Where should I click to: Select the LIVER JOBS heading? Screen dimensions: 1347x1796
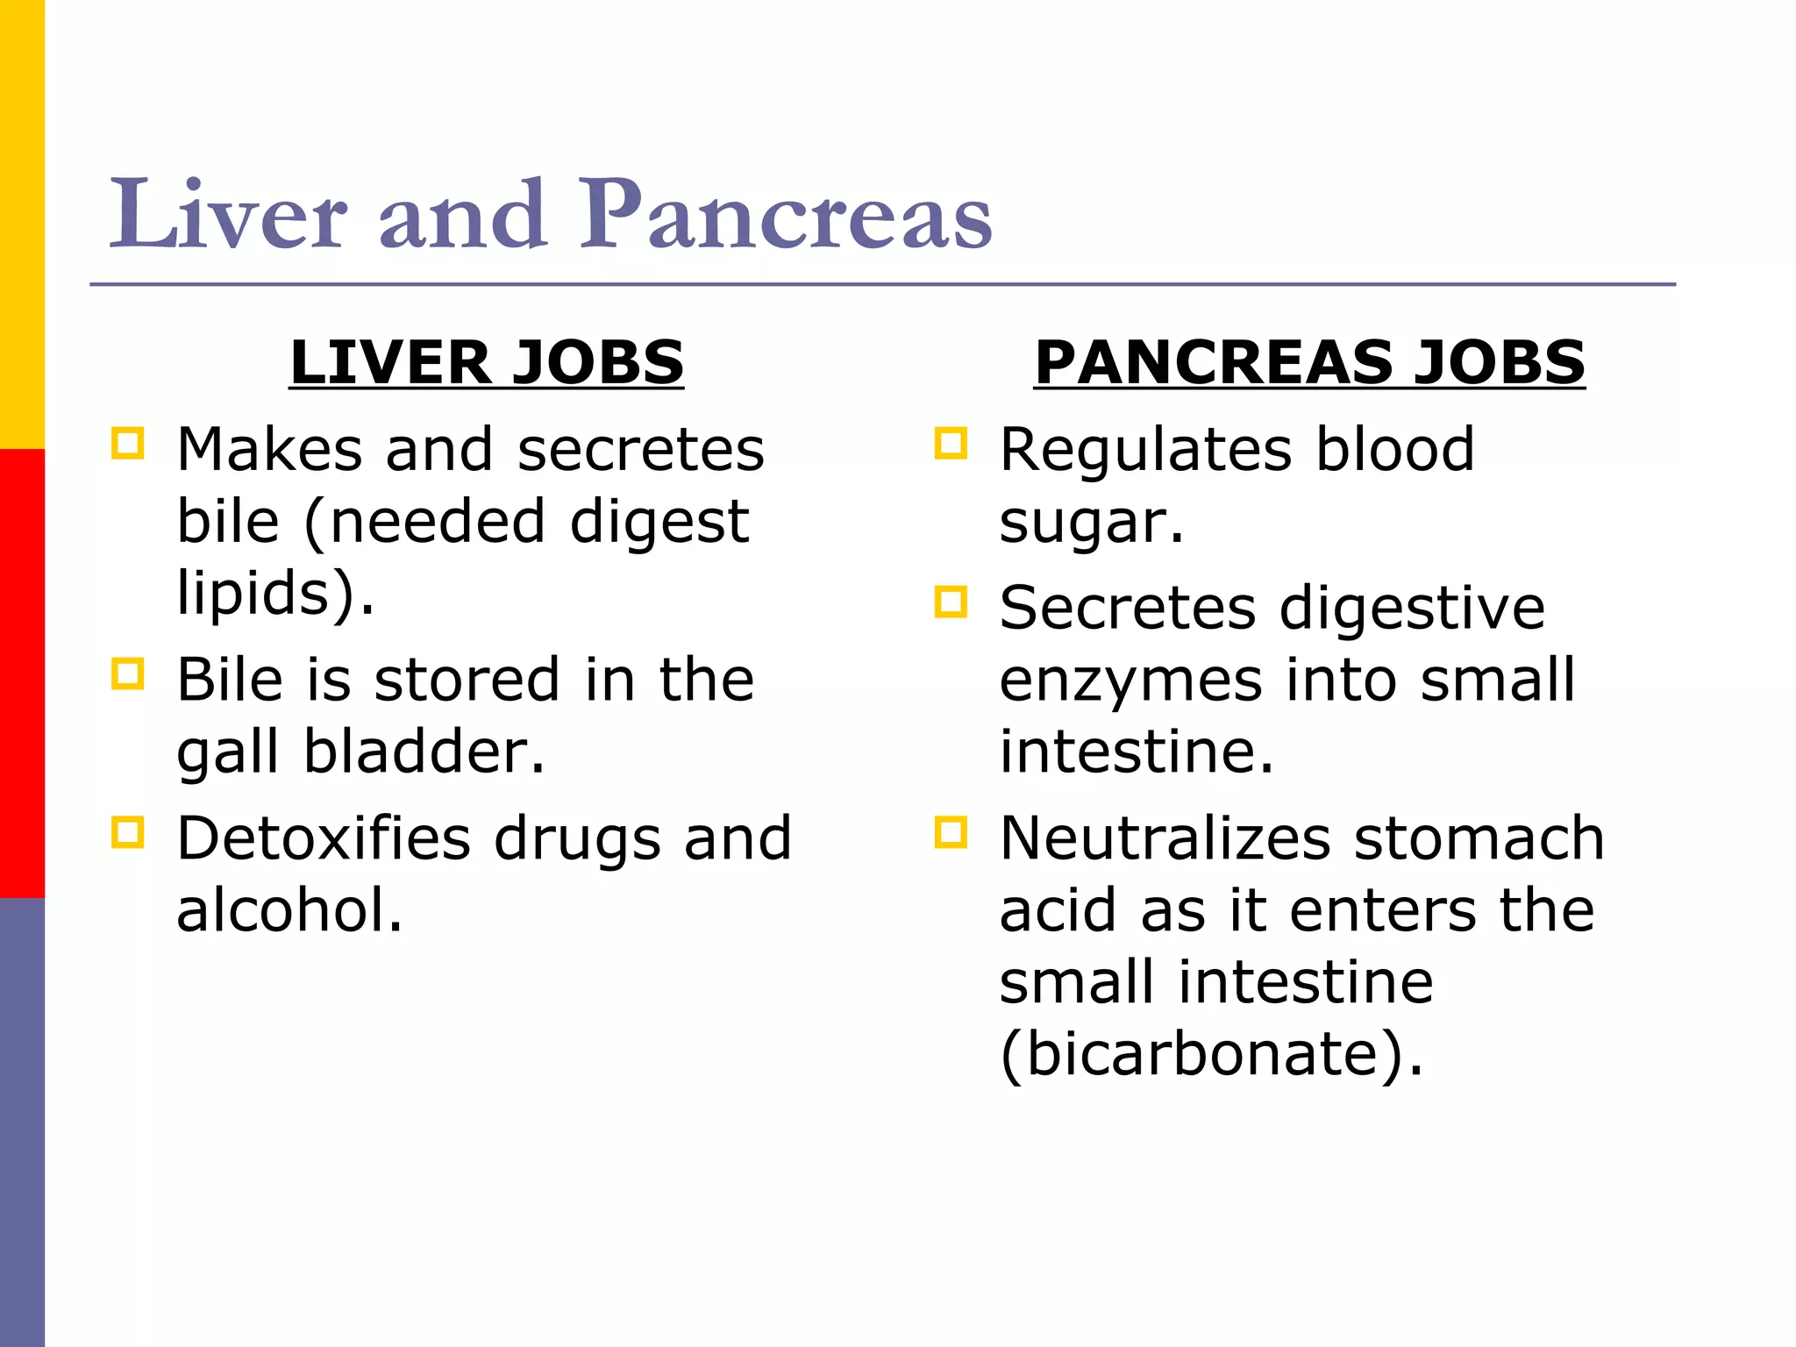(x=487, y=362)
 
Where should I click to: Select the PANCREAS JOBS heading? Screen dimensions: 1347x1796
(x=1309, y=362)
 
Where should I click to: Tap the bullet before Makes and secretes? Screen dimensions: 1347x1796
(x=128, y=443)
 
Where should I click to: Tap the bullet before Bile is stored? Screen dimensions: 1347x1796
(x=128, y=673)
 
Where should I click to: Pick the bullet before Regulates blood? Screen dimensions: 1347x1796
(x=951, y=443)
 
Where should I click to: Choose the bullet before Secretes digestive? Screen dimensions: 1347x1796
(x=951, y=602)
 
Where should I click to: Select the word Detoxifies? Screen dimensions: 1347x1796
(x=324, y=838)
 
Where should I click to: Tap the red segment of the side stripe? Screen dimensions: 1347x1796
(x=22, y=673)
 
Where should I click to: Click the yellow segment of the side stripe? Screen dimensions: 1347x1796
(x=22, y=224)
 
